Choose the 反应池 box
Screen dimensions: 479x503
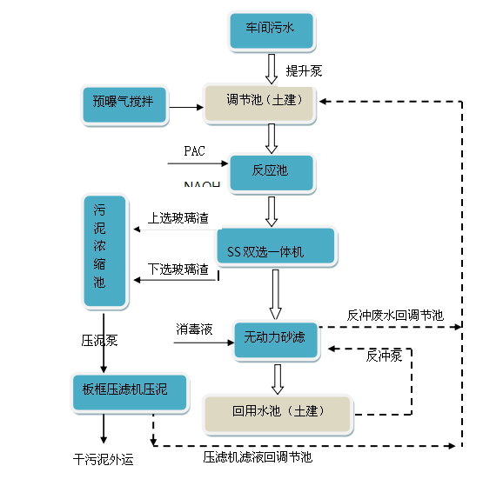click(271, 170)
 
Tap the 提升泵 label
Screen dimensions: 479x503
click(304, 70)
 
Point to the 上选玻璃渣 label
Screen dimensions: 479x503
click(178, 217)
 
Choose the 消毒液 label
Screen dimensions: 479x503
click(193, 329)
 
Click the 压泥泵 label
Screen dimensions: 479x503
click(99, 340)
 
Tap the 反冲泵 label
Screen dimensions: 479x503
click(384, 355)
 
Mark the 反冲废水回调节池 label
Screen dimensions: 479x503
click(394, 315)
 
